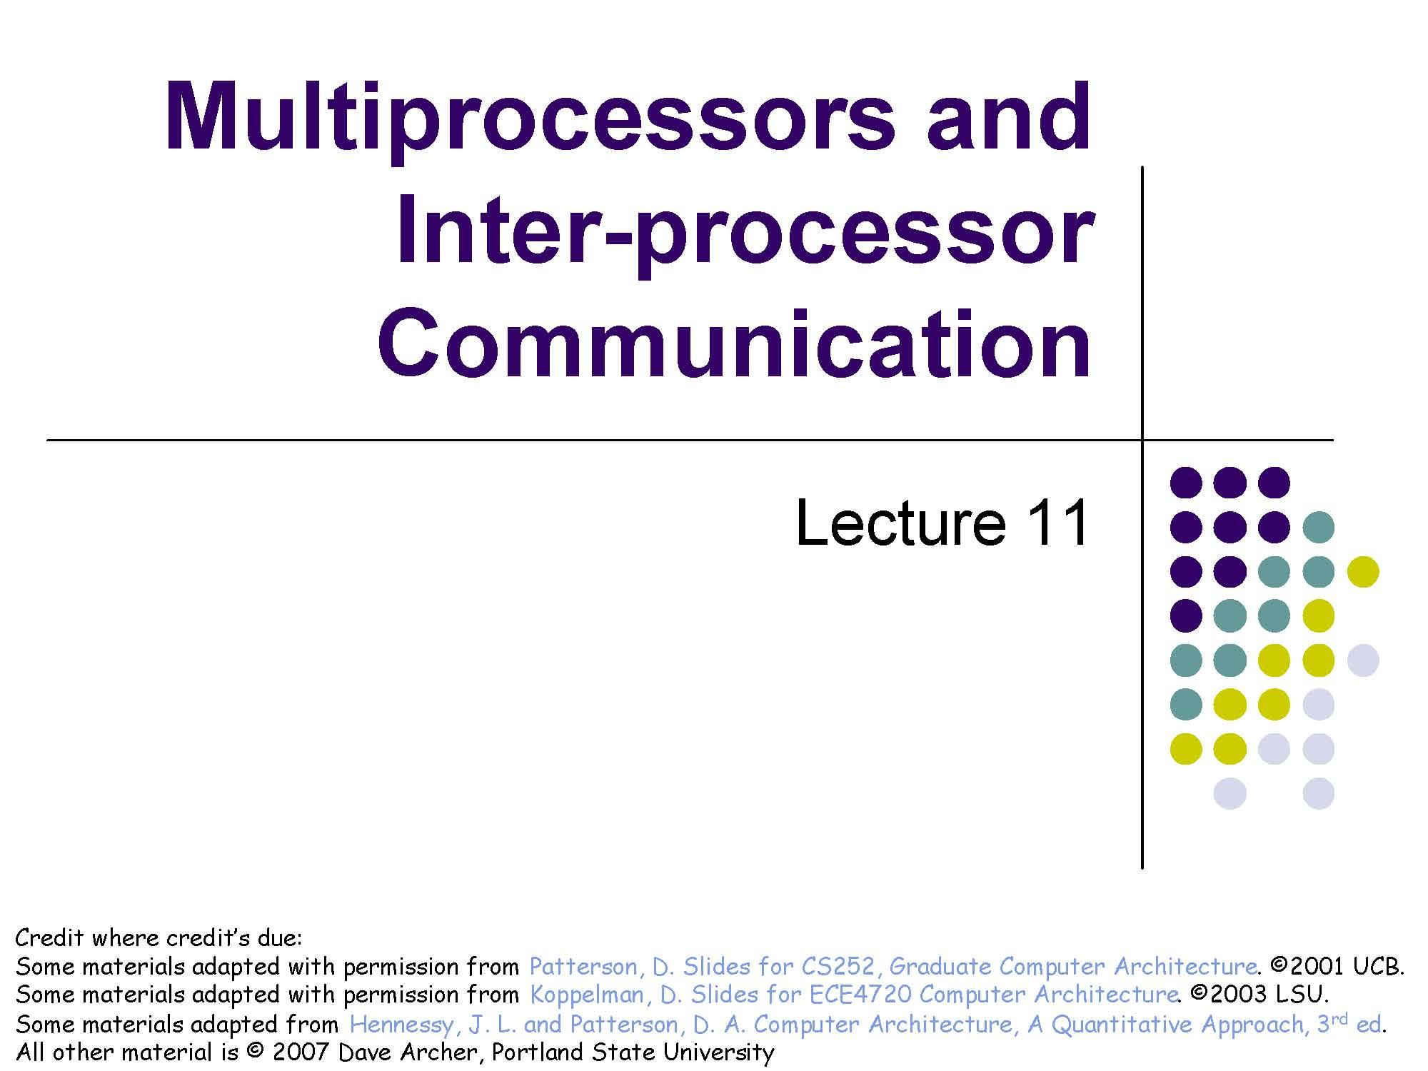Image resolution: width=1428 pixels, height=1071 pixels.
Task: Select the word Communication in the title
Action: pyautogui.click(x=735, y=346)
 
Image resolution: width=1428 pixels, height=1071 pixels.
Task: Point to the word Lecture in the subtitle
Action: pyautogui.click(x=900, y=522)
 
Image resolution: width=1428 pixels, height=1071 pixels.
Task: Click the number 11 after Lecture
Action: pyautogui.click(x=1057, y=522)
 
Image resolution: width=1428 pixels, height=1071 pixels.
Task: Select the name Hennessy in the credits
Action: pyautogui.click(x=400, y=1025)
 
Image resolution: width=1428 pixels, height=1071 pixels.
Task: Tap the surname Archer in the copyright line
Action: pyautogui.click(x=444, y=1052)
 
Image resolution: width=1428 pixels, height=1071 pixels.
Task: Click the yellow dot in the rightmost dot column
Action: pyautogui.click(x=1362, y=571)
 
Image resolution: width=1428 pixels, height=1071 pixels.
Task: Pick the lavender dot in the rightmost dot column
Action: pyautogui.click(x=1362, y=660)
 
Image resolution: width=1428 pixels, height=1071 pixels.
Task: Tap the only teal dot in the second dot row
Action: pyautogui.click(x=1318, y=527)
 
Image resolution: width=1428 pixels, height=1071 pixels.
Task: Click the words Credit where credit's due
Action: pyautogui.click(x=159, y=938)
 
